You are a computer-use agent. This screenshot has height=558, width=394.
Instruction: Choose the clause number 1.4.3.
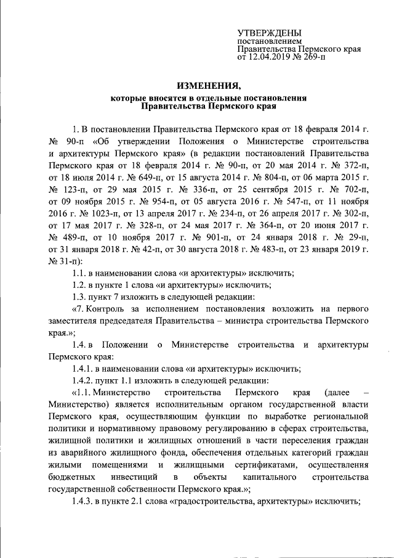83,501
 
